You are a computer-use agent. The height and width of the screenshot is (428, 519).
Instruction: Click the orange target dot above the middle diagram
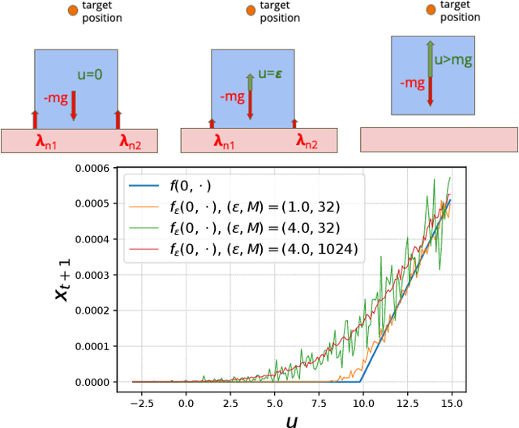point(251,11)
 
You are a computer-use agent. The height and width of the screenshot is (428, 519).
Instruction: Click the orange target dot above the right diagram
point(430,11)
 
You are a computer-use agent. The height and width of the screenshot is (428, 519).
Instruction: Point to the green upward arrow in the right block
point(431,58)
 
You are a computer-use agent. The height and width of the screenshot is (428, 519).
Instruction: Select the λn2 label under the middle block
point(307,142)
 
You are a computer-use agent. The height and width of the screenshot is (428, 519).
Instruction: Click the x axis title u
point(291,419)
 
